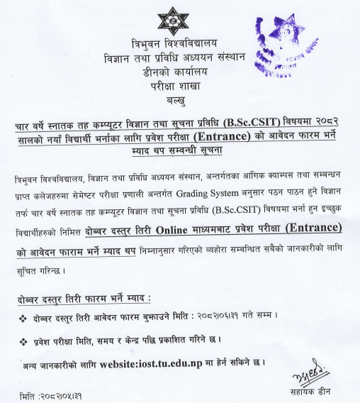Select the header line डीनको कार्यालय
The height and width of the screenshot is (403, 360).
click(174, 70)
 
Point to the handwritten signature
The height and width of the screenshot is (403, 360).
click(310, 373)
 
